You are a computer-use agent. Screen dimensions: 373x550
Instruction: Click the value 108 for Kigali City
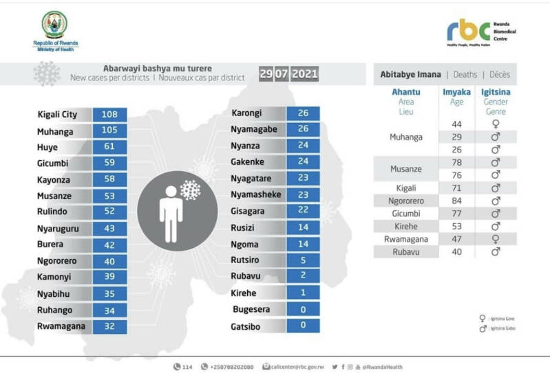[110, 115]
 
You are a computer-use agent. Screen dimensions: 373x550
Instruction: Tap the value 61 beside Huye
[110, 147]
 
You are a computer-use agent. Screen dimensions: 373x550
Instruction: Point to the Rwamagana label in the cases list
[61, 326]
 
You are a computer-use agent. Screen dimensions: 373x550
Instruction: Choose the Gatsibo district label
[246, 327]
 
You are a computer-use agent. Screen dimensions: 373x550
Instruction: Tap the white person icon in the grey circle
[171, 212]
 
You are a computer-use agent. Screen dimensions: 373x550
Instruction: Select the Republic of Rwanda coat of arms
[55, 25]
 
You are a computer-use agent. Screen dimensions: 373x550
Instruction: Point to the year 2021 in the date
[305, 74]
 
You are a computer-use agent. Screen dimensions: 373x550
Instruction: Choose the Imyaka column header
[456, 91]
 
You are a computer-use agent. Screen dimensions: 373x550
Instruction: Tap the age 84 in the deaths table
[456, 201]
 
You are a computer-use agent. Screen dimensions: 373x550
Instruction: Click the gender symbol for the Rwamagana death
[495, 239]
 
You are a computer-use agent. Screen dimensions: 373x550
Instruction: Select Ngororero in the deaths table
[405, 201]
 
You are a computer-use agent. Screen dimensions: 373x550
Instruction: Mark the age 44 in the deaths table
[456, 124]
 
